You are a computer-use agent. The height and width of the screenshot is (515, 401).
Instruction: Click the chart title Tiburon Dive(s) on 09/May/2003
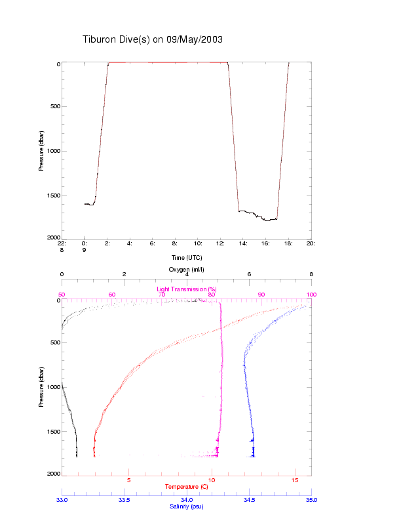[153, 39]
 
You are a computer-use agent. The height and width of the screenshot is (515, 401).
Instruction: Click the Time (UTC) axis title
[187, 258]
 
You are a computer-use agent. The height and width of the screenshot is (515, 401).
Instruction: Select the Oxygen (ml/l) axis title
[187, 270]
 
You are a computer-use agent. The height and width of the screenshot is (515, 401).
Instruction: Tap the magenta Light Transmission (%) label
[187, 289]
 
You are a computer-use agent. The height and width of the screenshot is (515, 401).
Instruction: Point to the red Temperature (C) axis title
[187, 487]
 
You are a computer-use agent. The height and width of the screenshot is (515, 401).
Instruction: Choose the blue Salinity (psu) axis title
[187, 506]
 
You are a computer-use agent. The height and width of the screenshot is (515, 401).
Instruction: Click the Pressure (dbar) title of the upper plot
[41, 150]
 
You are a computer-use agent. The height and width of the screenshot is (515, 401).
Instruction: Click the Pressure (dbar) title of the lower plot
[41, 387]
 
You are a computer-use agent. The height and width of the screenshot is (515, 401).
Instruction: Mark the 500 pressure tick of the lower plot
[55, 342]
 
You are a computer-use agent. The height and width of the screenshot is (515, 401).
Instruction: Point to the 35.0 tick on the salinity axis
[311, 499]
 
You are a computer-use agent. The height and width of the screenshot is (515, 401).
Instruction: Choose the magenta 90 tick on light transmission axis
[261, 295]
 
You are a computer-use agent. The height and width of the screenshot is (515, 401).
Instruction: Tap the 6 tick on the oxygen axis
[249, 275]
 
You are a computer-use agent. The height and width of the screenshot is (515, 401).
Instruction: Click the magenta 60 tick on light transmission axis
[112, 295]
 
